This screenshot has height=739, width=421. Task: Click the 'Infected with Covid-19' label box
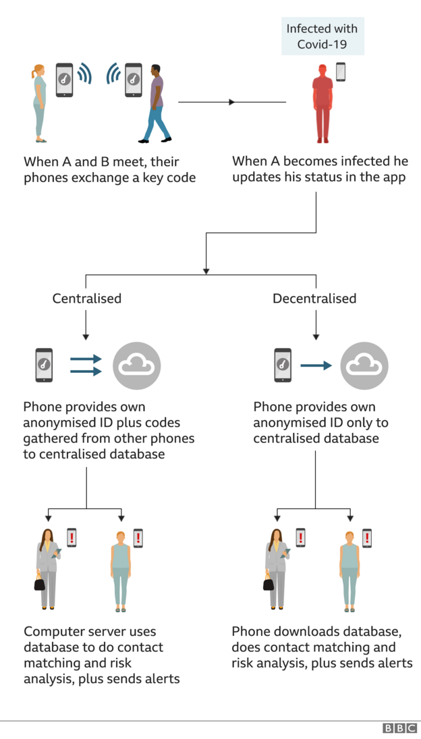point(322,36)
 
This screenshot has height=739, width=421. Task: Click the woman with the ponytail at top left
point(40,103)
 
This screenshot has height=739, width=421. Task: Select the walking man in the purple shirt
point(156,104)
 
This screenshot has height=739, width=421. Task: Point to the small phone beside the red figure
point(341,71)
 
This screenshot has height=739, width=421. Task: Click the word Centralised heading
point(87,298)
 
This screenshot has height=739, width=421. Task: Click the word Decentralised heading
point(314,298)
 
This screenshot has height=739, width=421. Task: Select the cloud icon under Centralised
point(137,365)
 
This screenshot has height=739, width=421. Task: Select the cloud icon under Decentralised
point(364,365)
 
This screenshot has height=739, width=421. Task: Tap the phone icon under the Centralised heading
point(44,365)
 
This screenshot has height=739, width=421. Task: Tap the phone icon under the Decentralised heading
point(283,365)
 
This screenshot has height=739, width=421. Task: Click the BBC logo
point(399,728)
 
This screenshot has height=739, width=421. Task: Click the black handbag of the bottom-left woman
point(40,583)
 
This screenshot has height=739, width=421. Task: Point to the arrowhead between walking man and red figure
point(231,102)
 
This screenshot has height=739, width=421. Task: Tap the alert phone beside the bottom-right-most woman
point(367,537)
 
